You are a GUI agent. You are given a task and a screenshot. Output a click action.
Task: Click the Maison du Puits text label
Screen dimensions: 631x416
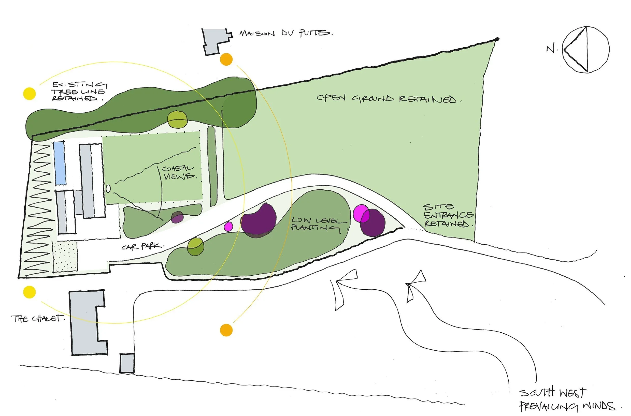click(285, 33)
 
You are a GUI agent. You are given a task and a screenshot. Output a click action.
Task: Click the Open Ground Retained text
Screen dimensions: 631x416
click(389, 98)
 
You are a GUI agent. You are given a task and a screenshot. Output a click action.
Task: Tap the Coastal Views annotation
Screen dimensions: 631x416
click(179, 172)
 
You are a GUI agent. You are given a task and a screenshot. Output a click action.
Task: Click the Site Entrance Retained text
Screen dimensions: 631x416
click(448, 215)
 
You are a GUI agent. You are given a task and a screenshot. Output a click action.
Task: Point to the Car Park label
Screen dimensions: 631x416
click(142, 247)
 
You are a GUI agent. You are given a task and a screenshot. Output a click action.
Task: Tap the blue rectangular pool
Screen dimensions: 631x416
click(60, 163)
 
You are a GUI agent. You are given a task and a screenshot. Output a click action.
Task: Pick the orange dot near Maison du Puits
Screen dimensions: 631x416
click(226, 59)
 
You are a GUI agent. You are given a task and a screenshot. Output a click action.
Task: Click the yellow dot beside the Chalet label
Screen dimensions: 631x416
click(29, 292)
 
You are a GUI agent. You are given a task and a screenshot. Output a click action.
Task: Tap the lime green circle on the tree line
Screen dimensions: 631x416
click(177, 120)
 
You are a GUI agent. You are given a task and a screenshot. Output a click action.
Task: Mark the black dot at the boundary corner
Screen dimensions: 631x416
click(497, 39)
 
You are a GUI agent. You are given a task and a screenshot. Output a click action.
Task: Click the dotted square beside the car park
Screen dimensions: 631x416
click(65, 256)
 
